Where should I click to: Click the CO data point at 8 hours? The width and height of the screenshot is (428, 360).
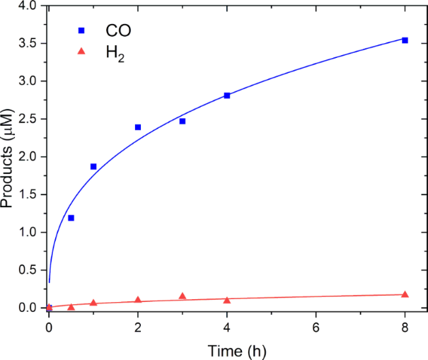point(405,40)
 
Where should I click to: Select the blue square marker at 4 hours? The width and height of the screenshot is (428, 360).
point(227,95)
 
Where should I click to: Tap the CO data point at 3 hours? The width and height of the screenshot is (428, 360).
point(183,121)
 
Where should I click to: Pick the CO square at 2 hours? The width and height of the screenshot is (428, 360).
point(138,127)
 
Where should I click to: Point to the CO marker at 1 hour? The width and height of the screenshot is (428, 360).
point(93,166)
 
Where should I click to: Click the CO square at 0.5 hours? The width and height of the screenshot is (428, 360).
point(71,218)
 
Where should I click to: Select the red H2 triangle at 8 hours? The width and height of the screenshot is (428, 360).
point(405,294)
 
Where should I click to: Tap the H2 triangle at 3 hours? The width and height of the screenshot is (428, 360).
point(183,296)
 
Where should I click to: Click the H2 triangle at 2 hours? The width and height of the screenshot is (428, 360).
point(138,300)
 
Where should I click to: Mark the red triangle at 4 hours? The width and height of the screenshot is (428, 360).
point(227,300)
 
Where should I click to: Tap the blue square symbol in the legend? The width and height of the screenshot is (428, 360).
point(81,30)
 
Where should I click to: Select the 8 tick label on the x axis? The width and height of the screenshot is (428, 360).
point(405,326)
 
